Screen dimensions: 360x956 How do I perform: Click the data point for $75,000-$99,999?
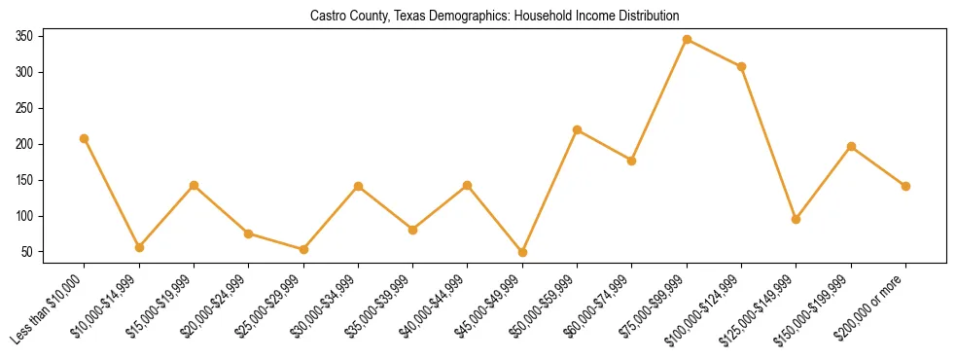click(x=687, y=40)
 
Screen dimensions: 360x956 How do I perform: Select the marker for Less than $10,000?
click(x=85, y=138)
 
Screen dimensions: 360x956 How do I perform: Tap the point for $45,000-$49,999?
click(x=522, y=252)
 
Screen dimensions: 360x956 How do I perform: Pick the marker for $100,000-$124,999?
click(x=741, y=66)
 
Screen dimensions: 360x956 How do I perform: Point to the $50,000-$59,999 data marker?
click(x=578, y=129)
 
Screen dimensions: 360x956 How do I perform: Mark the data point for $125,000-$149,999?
click(x=797, y=219)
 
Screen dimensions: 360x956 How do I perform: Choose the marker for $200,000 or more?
click(x=905, y=186)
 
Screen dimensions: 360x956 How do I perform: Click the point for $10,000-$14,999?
click(x=139, y=247)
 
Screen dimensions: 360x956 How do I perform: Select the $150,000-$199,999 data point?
click(x=851, y=147)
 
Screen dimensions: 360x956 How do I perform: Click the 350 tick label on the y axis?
click(x=25, y=36)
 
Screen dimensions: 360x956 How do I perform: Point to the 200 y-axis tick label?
click(x=25, y=144)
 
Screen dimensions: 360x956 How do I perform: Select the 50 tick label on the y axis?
click(x=28, y=252)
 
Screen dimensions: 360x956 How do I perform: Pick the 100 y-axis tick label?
click(x=25, y=216)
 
